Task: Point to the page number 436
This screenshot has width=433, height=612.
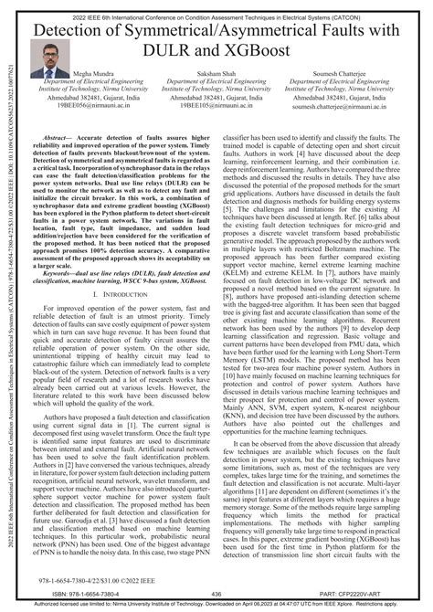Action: pyautogui.click(x=216, y=593)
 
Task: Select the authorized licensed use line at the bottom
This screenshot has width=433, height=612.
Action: pyautogui.click(x=216, y=605)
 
